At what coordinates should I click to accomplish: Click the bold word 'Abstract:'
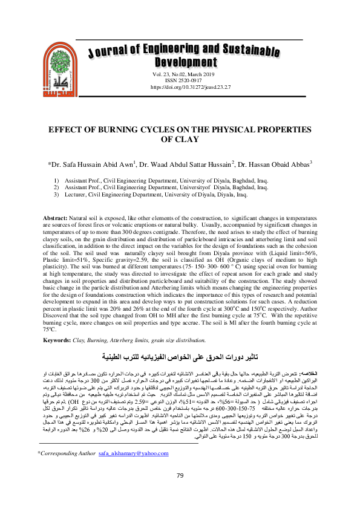pos(59,217)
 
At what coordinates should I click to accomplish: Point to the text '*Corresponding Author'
pos(67,452)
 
